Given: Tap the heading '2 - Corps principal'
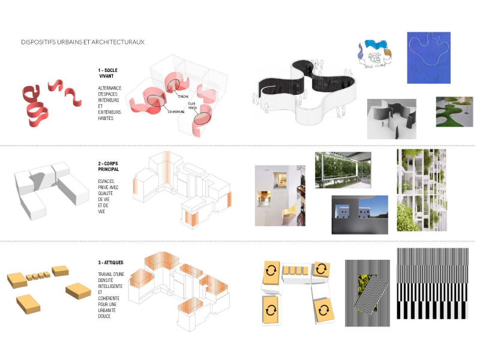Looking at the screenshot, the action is point(108,166).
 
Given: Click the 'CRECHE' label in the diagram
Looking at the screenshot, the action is point(184,97).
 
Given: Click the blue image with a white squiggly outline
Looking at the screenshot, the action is point(429,58).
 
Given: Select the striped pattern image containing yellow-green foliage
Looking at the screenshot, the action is point(366,292).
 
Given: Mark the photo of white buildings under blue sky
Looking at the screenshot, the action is point(359,214).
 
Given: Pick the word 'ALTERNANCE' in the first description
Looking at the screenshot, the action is point(110,88).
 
